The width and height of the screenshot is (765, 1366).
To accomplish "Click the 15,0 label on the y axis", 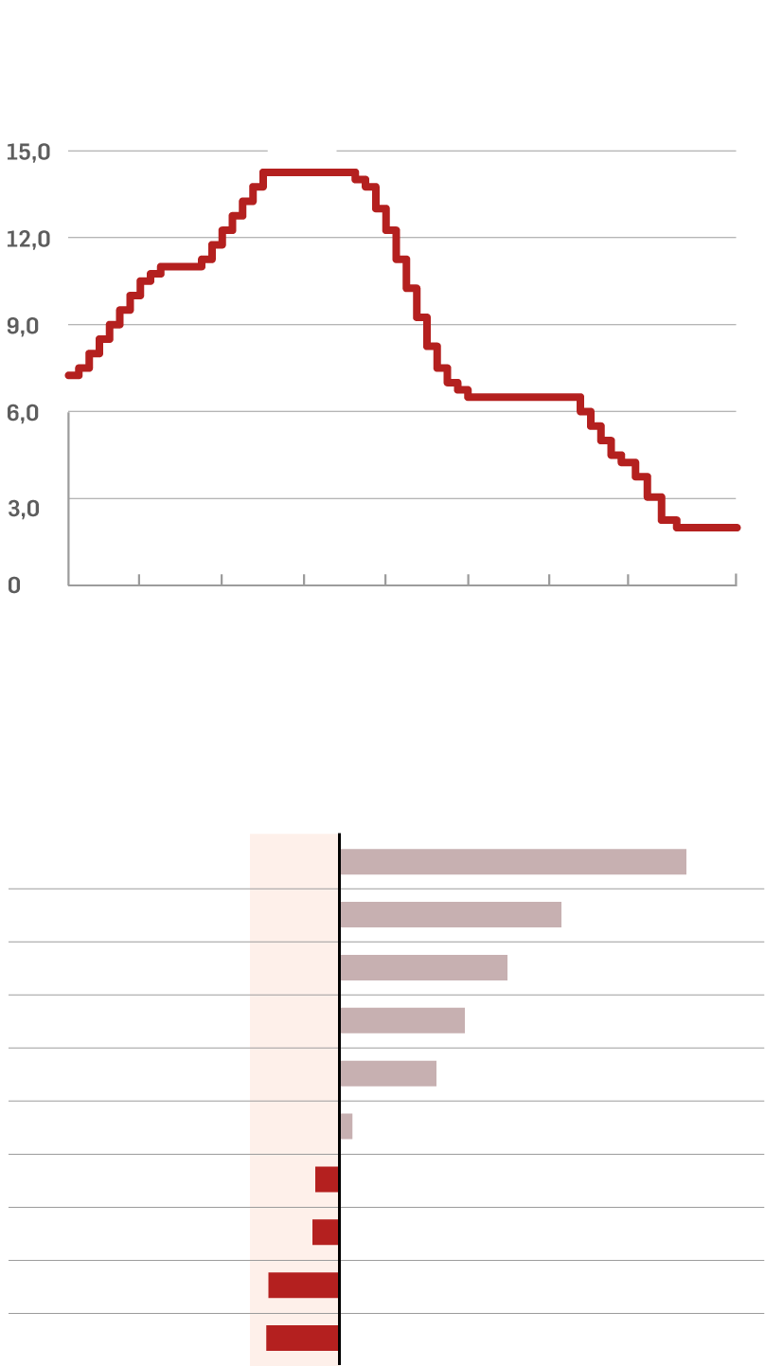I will (28, 152).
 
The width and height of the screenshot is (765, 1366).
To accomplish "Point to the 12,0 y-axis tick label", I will (28, 239).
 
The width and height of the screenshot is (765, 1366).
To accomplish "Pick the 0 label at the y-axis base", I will (13, 585).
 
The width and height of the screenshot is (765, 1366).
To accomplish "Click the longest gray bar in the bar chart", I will (512, 862).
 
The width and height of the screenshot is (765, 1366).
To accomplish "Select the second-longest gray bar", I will (450, 915).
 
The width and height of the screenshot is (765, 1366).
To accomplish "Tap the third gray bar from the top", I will (423, 968).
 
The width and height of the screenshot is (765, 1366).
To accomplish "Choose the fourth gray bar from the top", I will (401, 1021).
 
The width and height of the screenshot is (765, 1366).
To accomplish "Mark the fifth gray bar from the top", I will (387, 1074).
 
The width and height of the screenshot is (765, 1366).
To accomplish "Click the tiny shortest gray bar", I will (347, 1126).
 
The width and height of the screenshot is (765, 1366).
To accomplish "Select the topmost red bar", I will (327, 1179).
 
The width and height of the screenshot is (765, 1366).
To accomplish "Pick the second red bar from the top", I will (326, 1232).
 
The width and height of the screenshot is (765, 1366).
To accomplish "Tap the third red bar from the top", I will (303, 1285).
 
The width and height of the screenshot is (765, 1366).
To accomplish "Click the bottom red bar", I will (302, 1339).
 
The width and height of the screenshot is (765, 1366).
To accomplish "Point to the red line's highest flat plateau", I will (309, 172).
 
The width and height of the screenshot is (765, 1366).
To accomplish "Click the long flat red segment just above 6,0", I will (524, 397).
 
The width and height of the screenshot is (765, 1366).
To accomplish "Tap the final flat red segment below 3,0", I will (707, 528).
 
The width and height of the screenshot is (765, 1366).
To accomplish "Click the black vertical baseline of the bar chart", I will (339, 1099).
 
